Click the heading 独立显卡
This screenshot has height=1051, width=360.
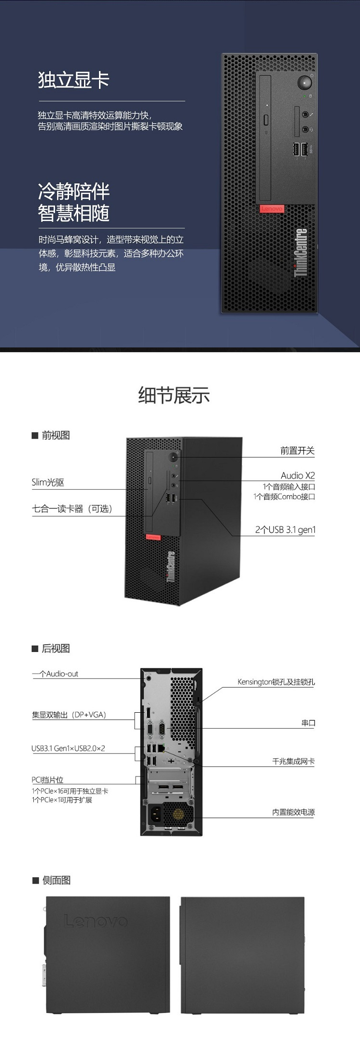click(74, 80)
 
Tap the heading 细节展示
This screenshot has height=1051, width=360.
click(174, 395)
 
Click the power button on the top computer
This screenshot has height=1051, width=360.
click(304, 82)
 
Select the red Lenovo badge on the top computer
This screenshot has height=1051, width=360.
click(272, 209)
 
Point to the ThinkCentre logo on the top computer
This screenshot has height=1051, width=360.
click(301, 252)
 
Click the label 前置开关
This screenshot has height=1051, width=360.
click(297, 451)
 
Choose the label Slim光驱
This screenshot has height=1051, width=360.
click(48, 482)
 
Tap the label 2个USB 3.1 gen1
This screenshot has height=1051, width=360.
click(285, 530)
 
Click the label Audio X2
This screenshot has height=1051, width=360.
click(298, 475)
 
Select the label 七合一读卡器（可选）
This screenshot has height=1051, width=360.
click(72, 509)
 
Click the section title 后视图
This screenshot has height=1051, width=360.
click(55, 649)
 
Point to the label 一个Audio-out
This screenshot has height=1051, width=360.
click(55, 674)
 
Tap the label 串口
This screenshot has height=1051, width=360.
click(308, 723)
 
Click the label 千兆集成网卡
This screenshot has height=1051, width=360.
click(293, 761)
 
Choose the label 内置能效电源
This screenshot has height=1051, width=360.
click(293, 812)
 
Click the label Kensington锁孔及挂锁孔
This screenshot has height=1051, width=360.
click(276, 682)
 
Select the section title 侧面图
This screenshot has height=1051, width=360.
click(56, 880)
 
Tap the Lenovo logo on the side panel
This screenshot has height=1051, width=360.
click(96, 921)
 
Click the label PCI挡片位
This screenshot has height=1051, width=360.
click(48, 780)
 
